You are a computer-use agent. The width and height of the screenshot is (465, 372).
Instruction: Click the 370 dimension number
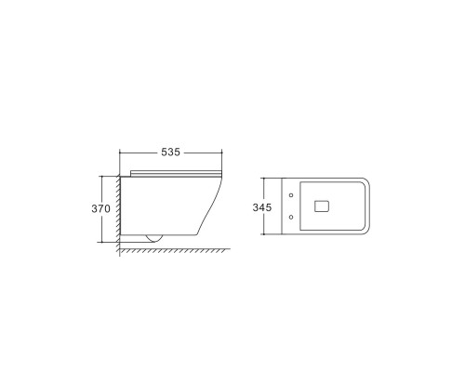pos(101,208)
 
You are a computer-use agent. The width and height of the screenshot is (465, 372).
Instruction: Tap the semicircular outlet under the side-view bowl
pos(153,237)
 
